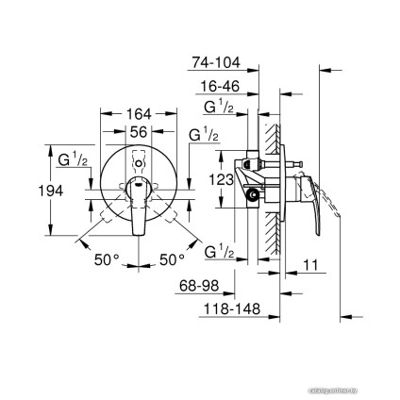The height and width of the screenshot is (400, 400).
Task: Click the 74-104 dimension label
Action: tap(217, 64)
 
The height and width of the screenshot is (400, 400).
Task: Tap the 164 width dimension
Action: tap(140, 115)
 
